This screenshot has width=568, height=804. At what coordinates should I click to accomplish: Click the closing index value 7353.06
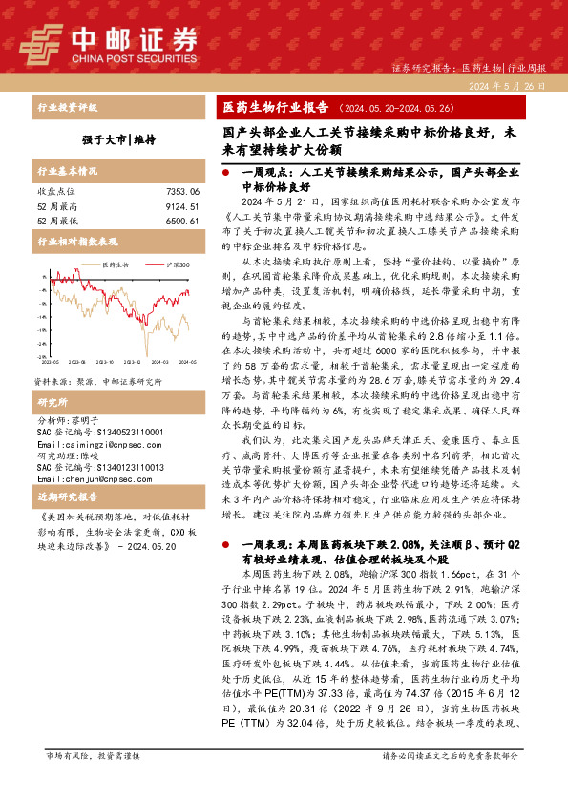coord(181,192)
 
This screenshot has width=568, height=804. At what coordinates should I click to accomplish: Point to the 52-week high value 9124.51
coord(181,206)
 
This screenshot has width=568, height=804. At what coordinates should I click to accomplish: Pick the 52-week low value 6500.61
coord(181,221)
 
